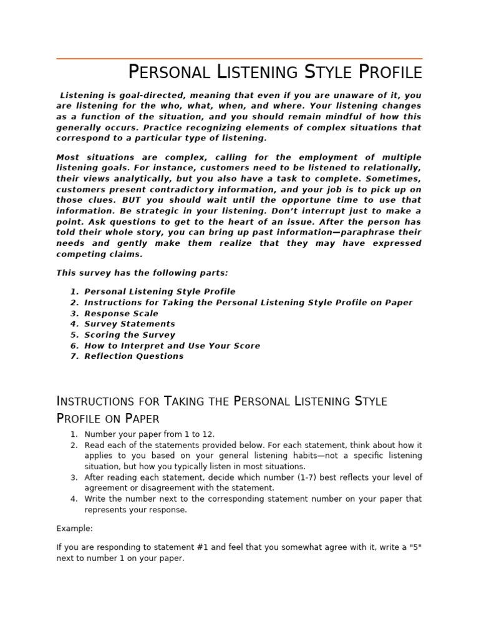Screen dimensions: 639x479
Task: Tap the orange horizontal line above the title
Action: click(x=239, y=59)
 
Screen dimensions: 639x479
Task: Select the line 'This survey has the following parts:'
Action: click(x=142, y=273)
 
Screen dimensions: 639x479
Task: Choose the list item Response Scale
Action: click(x=121, y=313)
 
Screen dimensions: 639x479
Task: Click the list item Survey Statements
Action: click(x=130, y=324)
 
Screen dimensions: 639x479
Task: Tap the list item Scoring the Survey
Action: click(x=130, y=334)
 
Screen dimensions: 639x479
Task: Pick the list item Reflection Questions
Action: click(x=133, y=356)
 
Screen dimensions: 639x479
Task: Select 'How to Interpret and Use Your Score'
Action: click(x=172, y=346)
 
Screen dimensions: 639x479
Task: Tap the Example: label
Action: click(x=74, y=529)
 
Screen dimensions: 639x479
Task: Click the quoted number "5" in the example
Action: click(x=414, y=548)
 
